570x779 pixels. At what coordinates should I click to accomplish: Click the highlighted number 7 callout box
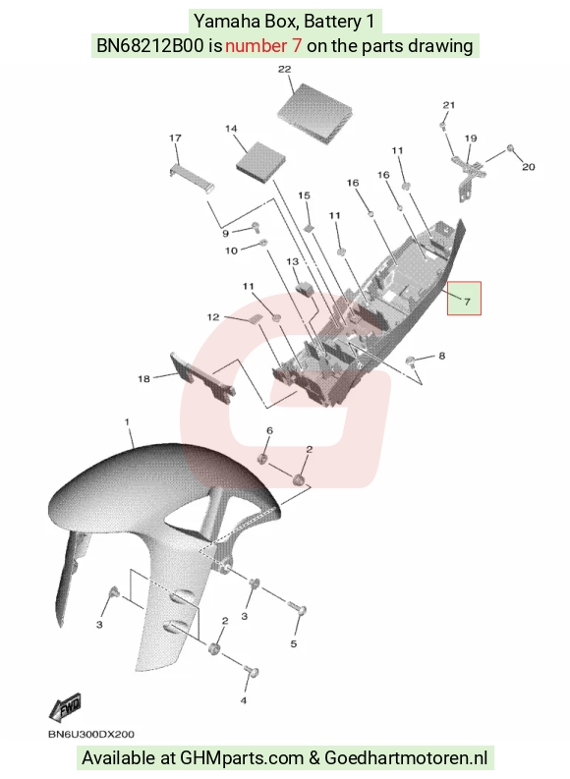pos(464,298)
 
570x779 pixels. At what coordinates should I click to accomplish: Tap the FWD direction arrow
pos(65,708)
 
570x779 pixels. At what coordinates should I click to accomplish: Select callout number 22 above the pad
pos(284,69)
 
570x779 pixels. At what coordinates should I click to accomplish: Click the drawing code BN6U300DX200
pos(91,734)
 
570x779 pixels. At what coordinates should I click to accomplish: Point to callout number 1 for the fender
pos(127,421)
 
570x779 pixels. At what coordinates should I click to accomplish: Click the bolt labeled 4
pos(252,672)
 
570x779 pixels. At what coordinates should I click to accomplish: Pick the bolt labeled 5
pos(297,608)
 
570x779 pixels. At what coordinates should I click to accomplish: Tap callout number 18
pos(143,379)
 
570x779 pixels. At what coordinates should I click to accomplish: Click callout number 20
pos(529,167)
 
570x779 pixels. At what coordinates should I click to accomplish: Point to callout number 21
pos(449,105)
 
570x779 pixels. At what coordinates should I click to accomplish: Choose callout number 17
pos(175,138)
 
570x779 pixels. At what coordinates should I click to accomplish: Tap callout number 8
pos(442,356)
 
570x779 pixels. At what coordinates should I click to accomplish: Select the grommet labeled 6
pos(262,457)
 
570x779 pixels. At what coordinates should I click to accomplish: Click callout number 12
pos(213,317)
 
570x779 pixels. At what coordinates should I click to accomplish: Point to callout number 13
pos(293,261)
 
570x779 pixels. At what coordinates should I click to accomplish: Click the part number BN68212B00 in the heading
pos(149,46)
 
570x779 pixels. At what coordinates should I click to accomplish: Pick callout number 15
pos(304,195)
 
